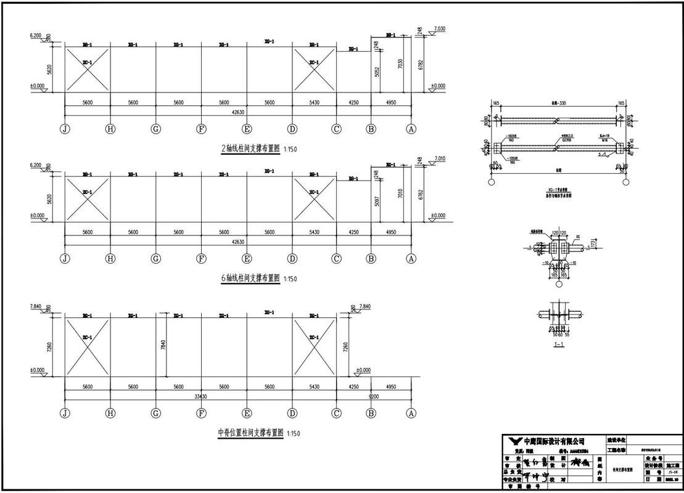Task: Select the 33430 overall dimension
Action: [x=201, y=396]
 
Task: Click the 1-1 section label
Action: [x=559, y=344]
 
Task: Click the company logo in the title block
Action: [x=514, y=441]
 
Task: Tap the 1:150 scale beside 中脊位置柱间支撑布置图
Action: [x=294, y=434]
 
